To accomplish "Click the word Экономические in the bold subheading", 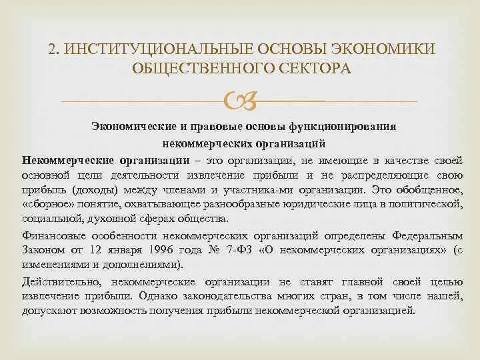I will (x=129, y=126).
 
